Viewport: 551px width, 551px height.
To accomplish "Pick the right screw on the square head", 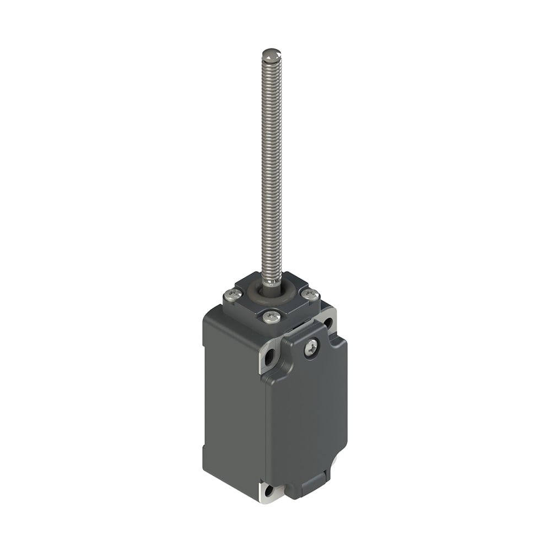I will pos(312,295).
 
